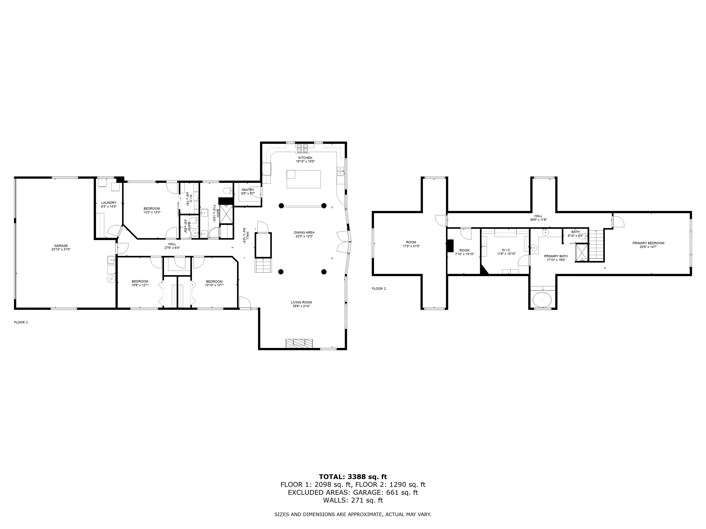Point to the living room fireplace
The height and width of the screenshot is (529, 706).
[x=299, y=343]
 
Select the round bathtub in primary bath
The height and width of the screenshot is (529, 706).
[x=542, y=300]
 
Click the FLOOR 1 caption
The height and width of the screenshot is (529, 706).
[x=21, y=322]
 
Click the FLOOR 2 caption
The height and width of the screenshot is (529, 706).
[x=379, y=289]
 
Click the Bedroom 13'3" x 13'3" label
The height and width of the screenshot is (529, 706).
[x=152, y=209]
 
